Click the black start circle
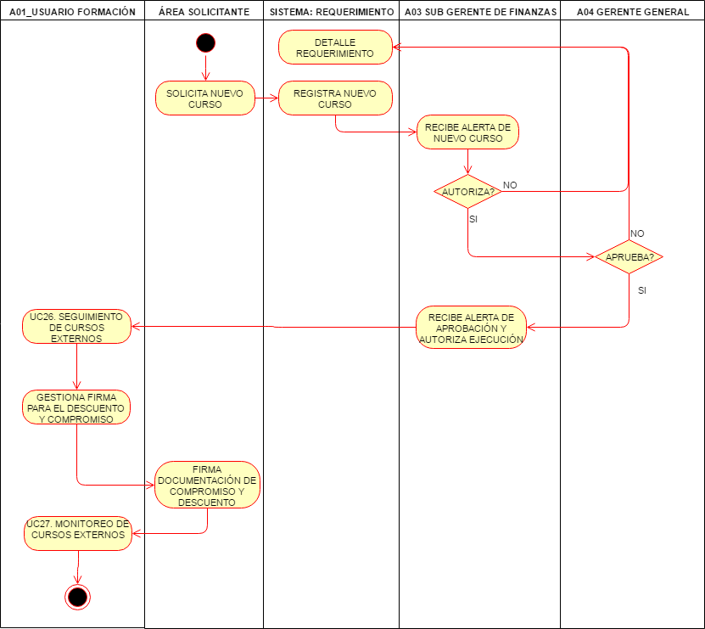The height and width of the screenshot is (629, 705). click(x=205, y=42)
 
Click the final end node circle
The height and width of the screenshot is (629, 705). click(x=77, y=597)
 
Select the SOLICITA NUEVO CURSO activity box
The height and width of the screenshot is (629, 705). click(x=205, y=98)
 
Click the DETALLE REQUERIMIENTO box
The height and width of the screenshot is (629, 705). click(x=335, y=48)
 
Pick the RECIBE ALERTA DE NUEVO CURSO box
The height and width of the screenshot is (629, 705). click(x=467, y=132)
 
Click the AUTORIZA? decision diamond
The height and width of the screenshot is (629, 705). click(x=467, y=192)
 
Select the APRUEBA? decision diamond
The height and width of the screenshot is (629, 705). click(x=629, y=256)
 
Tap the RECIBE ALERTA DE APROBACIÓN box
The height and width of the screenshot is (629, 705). click(x=471, y=328)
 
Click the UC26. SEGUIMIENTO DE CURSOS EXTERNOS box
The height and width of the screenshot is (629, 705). click(x=76, y=327)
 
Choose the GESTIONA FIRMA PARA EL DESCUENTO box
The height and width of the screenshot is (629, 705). click(x=76, y=407)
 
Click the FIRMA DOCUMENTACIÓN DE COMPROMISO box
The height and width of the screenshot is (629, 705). click(x=207, y=486)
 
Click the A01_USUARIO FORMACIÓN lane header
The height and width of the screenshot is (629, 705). click(x=72, y=12)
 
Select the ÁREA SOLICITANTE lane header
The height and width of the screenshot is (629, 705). click(x=204, y=12)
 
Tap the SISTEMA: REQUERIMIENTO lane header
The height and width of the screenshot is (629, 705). click(x=331, y=12)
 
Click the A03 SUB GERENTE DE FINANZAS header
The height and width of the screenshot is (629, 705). click(x=480, y=12)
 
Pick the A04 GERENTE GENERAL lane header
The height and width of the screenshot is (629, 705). click(x=632, y=12)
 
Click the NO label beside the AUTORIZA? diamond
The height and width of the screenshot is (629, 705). click(x=510, y=184)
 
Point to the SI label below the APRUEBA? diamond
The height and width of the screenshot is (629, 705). click(x=641, y=290)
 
